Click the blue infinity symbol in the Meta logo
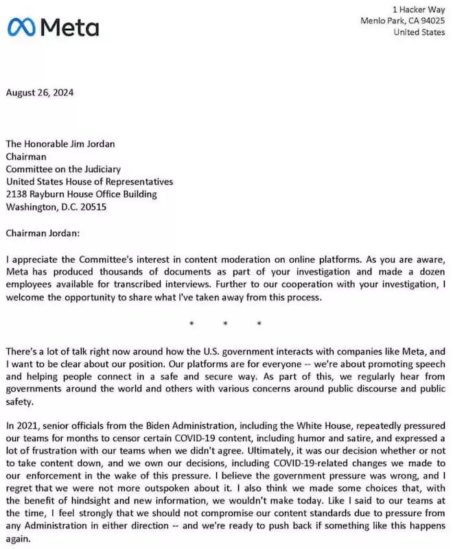tap(22, 27)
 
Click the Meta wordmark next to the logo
tap(70, 27)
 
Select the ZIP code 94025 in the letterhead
tap(431, 21)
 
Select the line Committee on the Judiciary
tap(63, 169)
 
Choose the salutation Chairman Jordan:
tap(43, 233)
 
